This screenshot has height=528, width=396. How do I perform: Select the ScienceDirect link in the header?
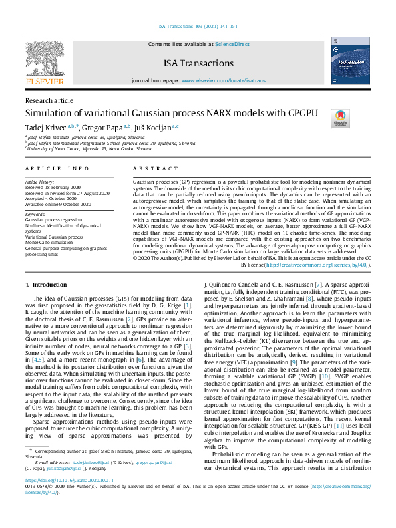232,44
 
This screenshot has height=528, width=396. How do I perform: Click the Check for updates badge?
340,119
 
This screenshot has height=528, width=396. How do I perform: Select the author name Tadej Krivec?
45,126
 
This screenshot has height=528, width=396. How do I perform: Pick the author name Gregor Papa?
103,126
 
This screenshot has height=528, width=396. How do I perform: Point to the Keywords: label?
35,215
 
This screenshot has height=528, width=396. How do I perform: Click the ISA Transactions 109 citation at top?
197,27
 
